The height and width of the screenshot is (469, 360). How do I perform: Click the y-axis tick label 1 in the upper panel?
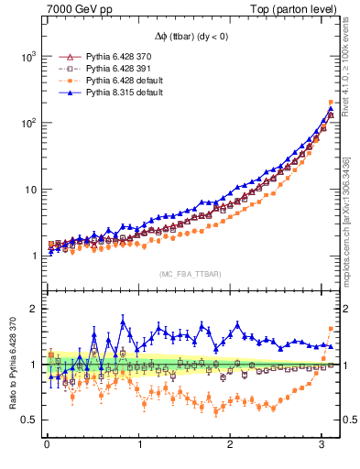point(33,256)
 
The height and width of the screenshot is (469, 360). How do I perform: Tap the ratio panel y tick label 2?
point(33,309)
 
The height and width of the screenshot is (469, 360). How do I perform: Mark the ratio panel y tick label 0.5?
point(28,420)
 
